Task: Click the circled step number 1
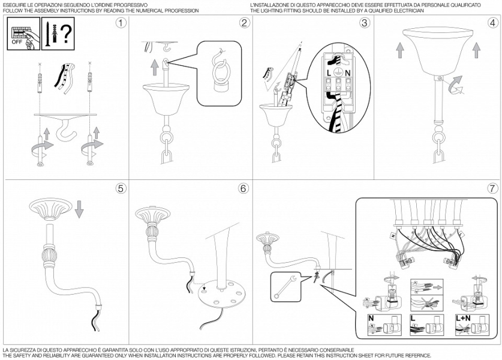pyautogui.click(x=122, y=23)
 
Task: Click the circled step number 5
pyautogui.click(x=122, y=188)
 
